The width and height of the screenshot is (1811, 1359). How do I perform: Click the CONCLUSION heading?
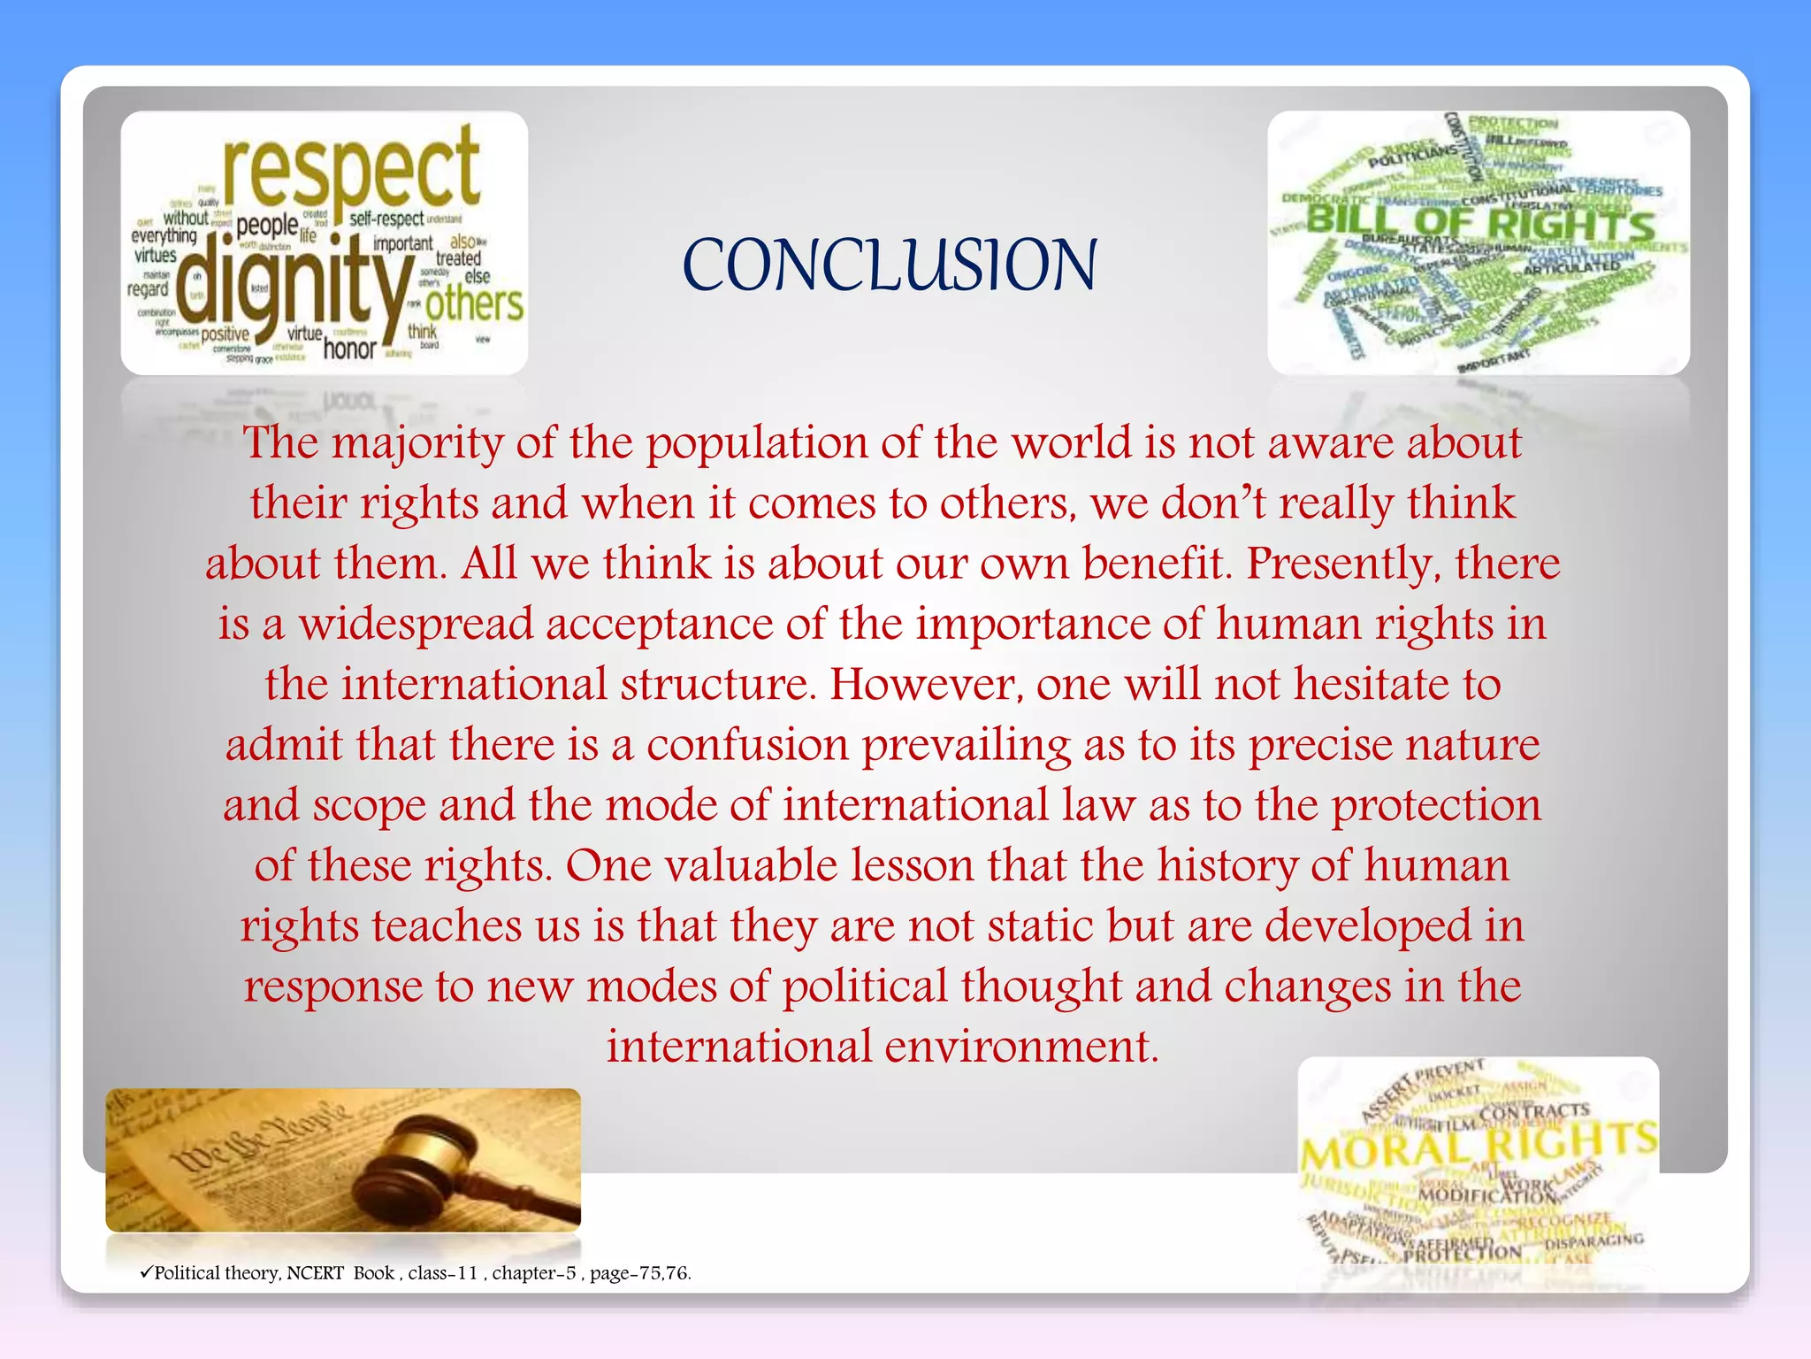click(x=890, y=265)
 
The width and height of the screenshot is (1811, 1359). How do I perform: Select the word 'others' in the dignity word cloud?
click(x=474, y=305)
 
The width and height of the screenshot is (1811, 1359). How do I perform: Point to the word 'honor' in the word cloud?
click(x=350, y=349)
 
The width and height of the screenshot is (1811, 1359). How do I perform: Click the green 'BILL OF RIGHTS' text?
click(x=1479, y=222)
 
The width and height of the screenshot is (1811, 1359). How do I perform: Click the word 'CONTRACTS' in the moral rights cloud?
click(x=1534, y=1111)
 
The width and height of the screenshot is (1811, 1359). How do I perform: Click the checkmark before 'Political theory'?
click(x=146, y=1272)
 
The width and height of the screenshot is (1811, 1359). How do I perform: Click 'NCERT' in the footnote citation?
click(x=315, y=1273)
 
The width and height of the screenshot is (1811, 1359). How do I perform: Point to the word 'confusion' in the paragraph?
click(x=748, y=745)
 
